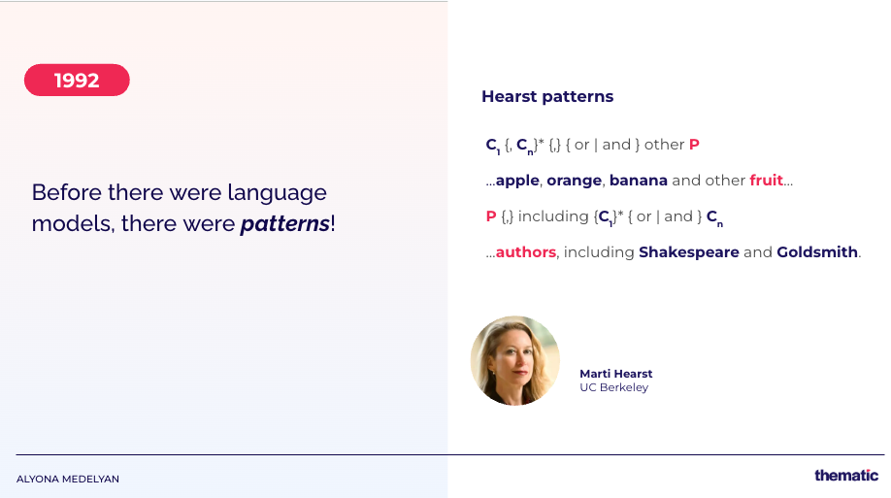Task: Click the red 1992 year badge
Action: [x=77, y=81]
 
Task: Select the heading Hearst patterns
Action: [x=547, y=97]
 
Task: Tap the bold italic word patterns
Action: [x=284, y=223]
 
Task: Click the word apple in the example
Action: [x=517, y=181]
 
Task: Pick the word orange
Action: [x=574, y=181]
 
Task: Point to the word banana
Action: [x=638, y=181]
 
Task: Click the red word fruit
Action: [x=766, y=181]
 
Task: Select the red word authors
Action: [x=526, y=251]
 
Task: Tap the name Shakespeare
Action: [x=689, y=251]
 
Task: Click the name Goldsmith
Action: [x=817, y=251]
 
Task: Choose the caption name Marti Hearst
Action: [x=616, y=374]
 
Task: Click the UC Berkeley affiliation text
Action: [x=613, y=387]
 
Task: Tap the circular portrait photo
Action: [x=515, y=360]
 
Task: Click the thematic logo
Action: [x=846, y=476]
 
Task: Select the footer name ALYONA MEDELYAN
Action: [x=68, y=480]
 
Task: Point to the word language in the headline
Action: [x=278, y=194]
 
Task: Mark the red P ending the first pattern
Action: [x=694, y=145]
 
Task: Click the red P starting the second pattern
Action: [x=491, y=216]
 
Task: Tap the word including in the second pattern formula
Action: [x=545, y=216]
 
